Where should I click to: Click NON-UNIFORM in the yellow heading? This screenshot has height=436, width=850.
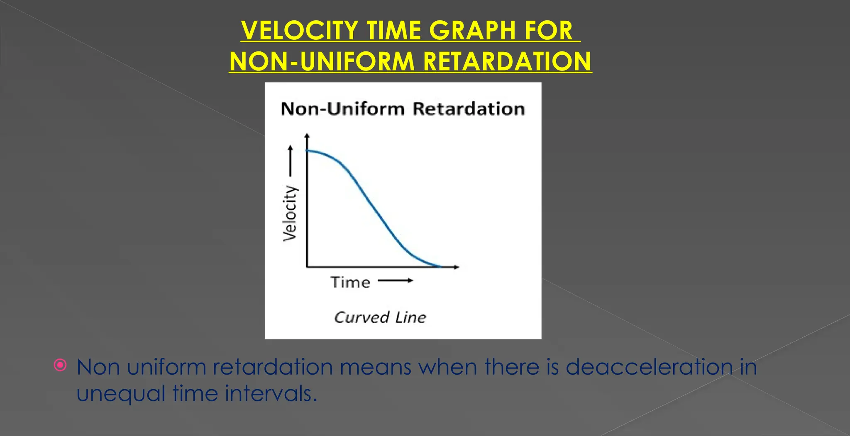[322, 62]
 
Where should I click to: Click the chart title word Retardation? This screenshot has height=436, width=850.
[469, 109]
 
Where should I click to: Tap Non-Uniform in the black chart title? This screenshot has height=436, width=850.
[343, 109]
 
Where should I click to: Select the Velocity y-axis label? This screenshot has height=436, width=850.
[290, 213]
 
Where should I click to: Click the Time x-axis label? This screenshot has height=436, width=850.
[350, 283]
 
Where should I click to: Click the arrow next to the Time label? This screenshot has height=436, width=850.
[396, 281]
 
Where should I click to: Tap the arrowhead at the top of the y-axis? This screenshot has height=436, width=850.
[307, 135]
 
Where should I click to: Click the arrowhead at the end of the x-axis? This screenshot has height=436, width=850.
[457, 267]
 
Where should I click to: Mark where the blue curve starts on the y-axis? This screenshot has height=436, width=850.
[308, 151]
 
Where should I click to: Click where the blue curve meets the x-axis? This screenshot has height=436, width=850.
[440, 266]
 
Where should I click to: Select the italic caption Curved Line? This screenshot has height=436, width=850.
[380, 317]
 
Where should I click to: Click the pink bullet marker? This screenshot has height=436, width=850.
[60, 365]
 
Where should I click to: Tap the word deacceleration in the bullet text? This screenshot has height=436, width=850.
[650, 367]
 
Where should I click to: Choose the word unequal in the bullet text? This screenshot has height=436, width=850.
[121, 393]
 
